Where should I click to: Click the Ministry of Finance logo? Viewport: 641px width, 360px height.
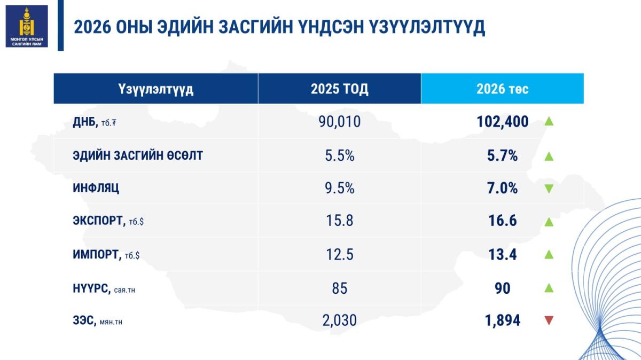[27, 26]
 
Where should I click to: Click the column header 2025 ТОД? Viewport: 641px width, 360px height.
[339, 89]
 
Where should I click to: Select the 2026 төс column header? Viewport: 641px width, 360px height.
[502, 89]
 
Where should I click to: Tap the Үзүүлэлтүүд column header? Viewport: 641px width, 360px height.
[155, 89]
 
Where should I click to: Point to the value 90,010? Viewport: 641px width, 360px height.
[339, 122]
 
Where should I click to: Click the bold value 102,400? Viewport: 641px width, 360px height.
[502, 122]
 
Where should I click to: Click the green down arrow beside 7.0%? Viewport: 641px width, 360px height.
[549, 189]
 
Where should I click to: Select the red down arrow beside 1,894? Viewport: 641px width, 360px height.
[549, 321]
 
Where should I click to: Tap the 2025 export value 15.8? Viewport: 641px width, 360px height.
[339, 221]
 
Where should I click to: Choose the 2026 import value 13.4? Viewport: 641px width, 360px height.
[502, 254]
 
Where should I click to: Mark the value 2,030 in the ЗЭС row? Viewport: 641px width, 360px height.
[339, 320]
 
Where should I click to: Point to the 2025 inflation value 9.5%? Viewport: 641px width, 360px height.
[339, 188]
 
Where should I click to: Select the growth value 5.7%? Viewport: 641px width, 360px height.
[502, 156]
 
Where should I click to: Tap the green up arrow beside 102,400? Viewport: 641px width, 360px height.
[549, 122]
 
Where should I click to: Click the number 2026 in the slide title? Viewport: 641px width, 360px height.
[91, 27]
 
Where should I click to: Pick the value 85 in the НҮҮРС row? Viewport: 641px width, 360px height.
[339, 288]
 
